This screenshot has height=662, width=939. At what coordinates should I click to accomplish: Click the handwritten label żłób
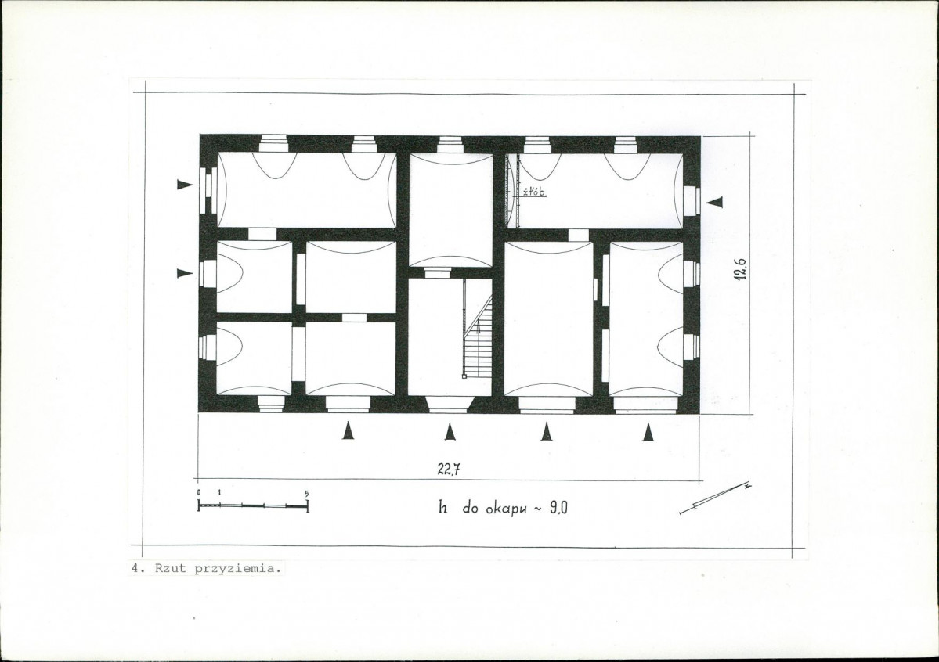pyautogui.click(x=534, y=192)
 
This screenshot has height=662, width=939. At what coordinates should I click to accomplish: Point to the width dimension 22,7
pyautogui.click(x=449, y=470)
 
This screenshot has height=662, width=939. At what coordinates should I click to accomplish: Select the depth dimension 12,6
pyautogui.click(x=742, y=268)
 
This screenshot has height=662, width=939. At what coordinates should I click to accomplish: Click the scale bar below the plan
pyautogui.click(x=253, y=505)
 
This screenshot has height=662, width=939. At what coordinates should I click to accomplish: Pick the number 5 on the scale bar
pyautogui.click(x=307, y=493)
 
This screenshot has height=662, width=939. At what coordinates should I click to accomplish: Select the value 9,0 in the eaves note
pyautogui.click(x=558, y=508)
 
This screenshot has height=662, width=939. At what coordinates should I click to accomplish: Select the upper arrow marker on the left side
pyautogui.click(x=185, y=185)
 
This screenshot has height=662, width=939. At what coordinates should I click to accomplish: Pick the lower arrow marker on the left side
pyautogui.click(x=185, y=274)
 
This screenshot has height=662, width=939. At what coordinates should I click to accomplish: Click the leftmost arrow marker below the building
pyautogui.click(x=347, y=430)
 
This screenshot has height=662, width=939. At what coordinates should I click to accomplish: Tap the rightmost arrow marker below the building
pyautogui.click(x=648, y=432)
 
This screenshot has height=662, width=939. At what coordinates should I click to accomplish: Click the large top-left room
pyautogui.click(x=307, y=189)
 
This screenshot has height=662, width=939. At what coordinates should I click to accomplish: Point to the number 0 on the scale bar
pyautogui.click(x=199, y=492)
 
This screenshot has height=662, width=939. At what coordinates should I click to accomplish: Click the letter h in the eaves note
pyautogui.click(x=443, y=508)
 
